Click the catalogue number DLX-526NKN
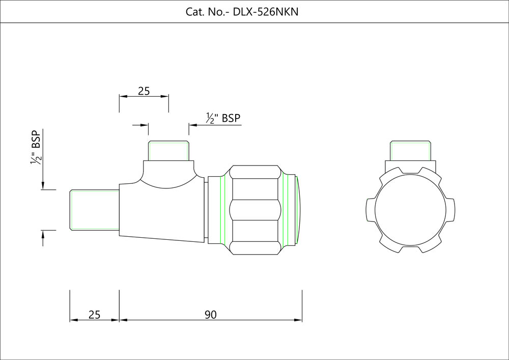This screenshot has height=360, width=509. click(266, 12)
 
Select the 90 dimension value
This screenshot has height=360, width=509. click(211, 315)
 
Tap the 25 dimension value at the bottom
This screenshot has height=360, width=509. click(95, 315)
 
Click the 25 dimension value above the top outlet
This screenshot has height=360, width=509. click(144, 91)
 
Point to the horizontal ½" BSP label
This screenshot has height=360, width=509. click(223, 118)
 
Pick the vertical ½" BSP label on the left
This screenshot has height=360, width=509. click(36, 148)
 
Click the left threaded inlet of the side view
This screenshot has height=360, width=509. click(95, 210)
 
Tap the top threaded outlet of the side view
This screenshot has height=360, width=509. click(168, 151)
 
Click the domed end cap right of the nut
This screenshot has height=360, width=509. click(298, 210)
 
